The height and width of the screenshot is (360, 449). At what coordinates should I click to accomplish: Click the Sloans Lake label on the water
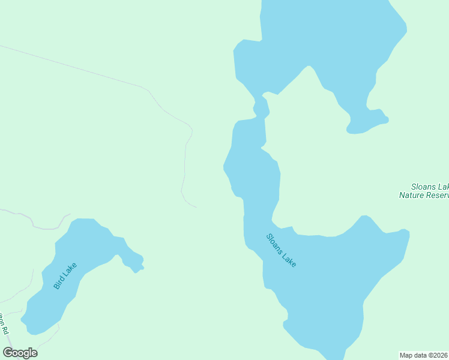[x=281, y=250]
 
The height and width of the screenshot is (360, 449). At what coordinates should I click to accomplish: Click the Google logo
[x=20, y=353]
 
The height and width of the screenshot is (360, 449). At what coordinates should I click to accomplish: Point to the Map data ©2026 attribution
[x=424, y=355]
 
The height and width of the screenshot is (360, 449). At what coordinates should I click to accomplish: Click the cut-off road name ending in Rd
[x=5, y=323]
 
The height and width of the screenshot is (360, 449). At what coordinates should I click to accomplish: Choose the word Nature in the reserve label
[x=413, y=195]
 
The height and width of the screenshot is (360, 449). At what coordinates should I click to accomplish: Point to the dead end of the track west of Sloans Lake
[x=196, y=208]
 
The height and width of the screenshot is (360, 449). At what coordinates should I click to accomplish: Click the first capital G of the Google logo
[x=8, y=353]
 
